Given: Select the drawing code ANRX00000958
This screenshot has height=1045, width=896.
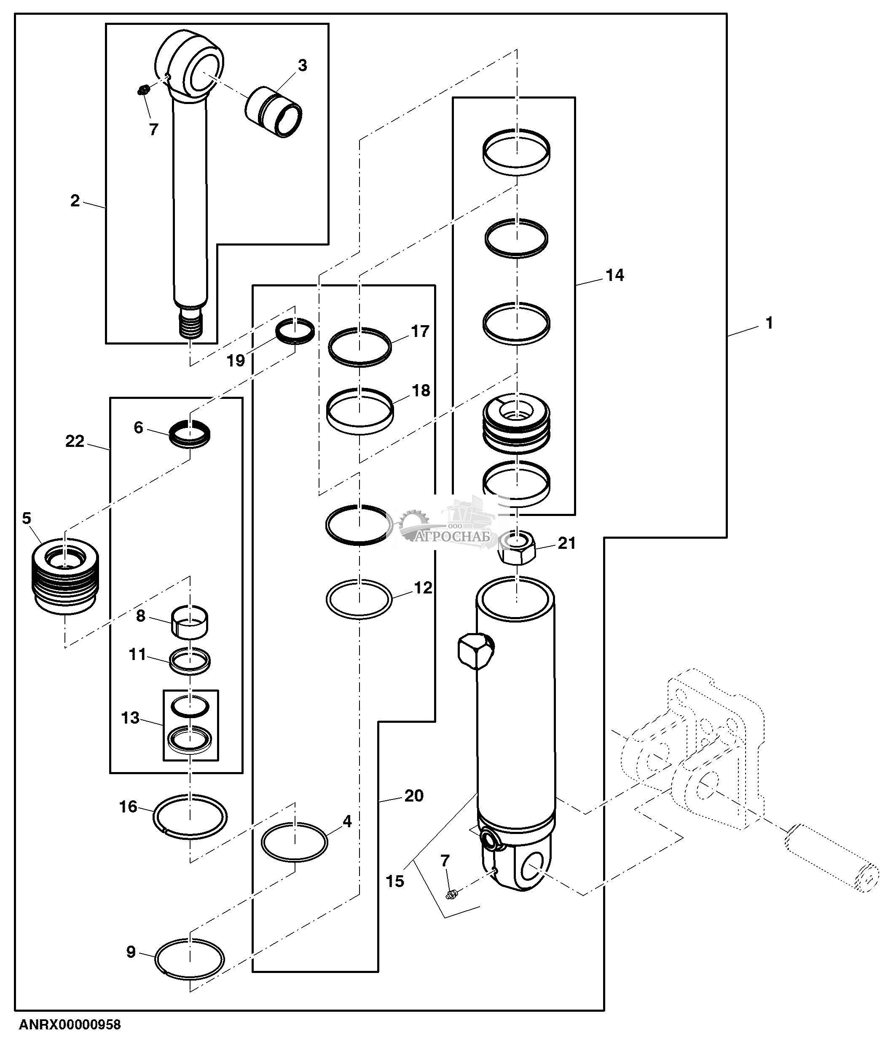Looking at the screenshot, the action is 70,1025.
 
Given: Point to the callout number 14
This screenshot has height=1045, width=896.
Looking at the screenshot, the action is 614,275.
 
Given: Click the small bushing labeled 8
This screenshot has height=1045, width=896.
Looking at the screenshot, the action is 190,623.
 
